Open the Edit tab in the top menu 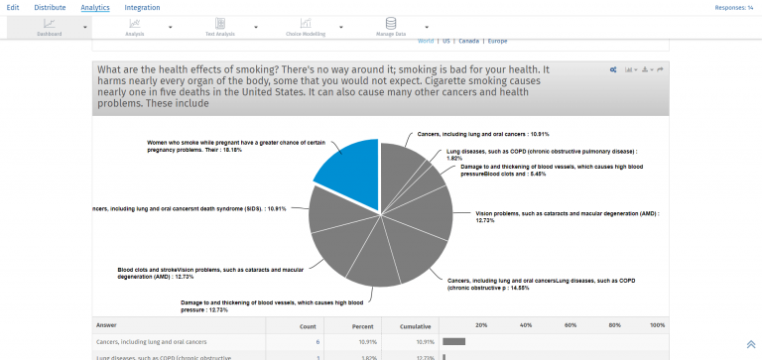click(13, 7)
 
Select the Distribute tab click(51, 7)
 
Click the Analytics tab click(95, 7)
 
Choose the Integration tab click(142, 7)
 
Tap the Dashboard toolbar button click(50, 27)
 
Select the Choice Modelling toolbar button click(307, 27)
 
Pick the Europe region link click(497, 42)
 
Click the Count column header click(309, 325)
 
